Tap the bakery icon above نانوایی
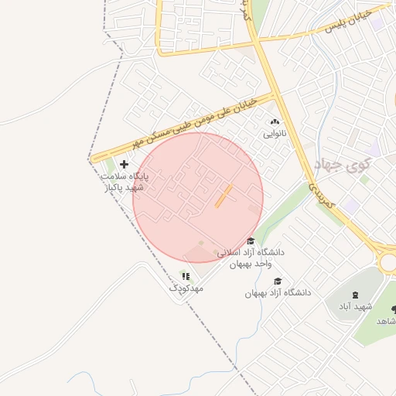[x=275, y=121]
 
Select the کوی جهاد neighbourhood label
[x=344, y=164]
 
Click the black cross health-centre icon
[x=125, y=164]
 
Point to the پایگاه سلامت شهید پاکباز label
[x=124, y=182]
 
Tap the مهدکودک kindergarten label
[x=186, y=288]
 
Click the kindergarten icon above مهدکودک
[x=185, y=275]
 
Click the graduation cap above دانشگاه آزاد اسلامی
[x=250, y=241]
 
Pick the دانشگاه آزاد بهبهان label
[x=278, y=293]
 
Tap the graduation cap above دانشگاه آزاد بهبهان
[x=278, y=281]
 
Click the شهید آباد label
[x=354, y=307]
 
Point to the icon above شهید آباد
[x=355, y=295]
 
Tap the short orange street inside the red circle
[x=223, y=196]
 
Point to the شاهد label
[x=385, y=320]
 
